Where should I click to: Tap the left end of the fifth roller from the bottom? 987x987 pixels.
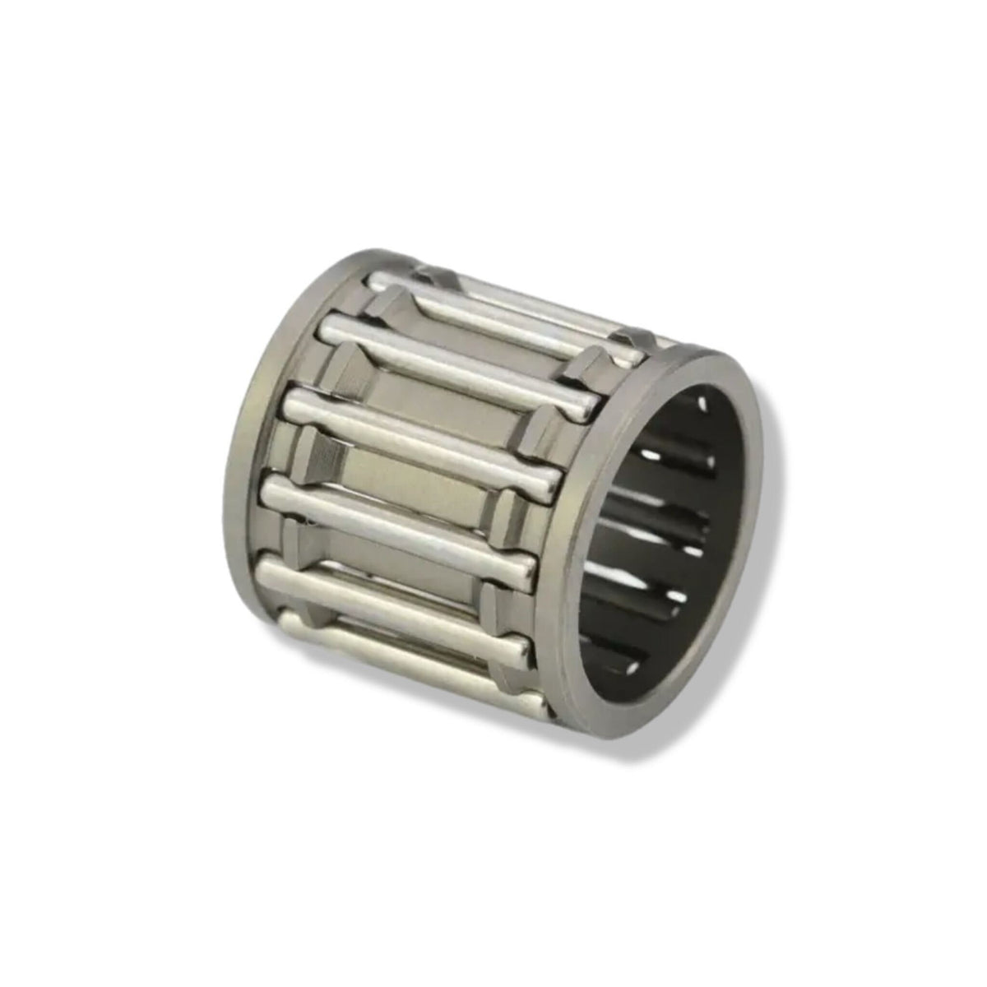[x=325, y=329]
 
